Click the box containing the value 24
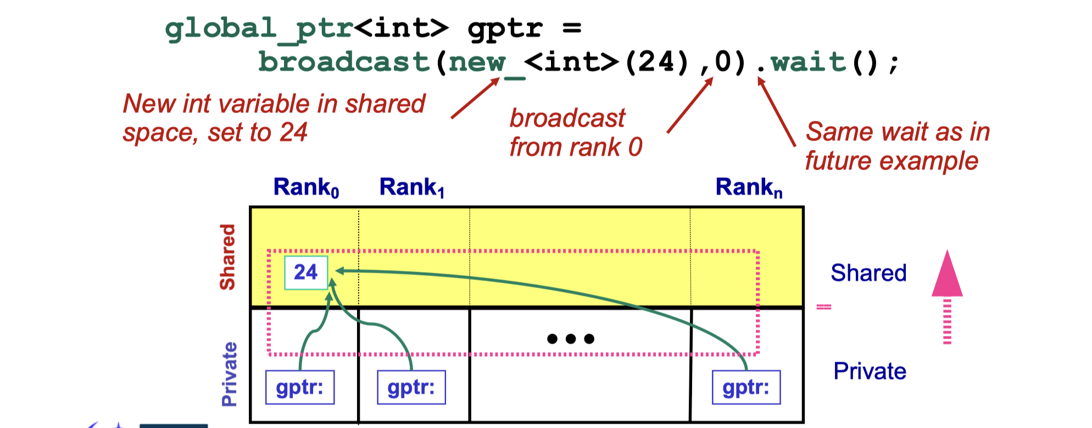click(x=306, y=272)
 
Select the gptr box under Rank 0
click(x=300, y=387)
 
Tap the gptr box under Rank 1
click(x=411, y=387)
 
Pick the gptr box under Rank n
click(x=746, y=387)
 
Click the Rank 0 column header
click(x=306, y=188)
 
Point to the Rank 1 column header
click(x=411, y=188)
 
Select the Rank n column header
click(x=749, y=188)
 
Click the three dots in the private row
click(x=571, y=339)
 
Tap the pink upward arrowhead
click(x=947, y=274)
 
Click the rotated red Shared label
click(x=227, y=257)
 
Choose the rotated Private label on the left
click(x=229, y=374)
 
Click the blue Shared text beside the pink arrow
click(x=868, y=273)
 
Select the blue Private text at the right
click(x=870, y=371)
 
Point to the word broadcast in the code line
click(x=343, y=61)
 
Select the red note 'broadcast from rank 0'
click(x=575, y=133)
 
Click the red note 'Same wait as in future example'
click(x=897, y=146)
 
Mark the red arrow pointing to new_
click(x=475, y=98)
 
